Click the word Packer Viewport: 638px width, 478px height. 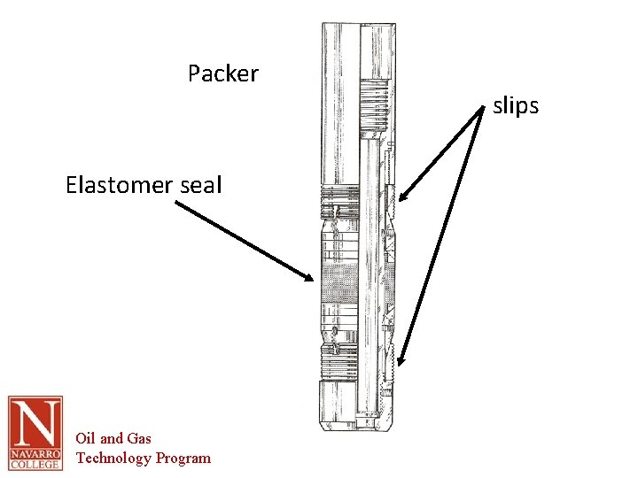(222, 73)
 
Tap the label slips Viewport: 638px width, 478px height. (516, 106)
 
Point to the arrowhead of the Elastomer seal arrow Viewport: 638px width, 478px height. (311, 278)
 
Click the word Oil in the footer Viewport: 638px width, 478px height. (85, 438)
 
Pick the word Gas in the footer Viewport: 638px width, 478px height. (139, 438)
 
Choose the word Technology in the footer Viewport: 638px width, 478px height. (113, 458)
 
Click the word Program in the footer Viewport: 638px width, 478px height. (183, 458)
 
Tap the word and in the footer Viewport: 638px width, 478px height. (112, 438)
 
